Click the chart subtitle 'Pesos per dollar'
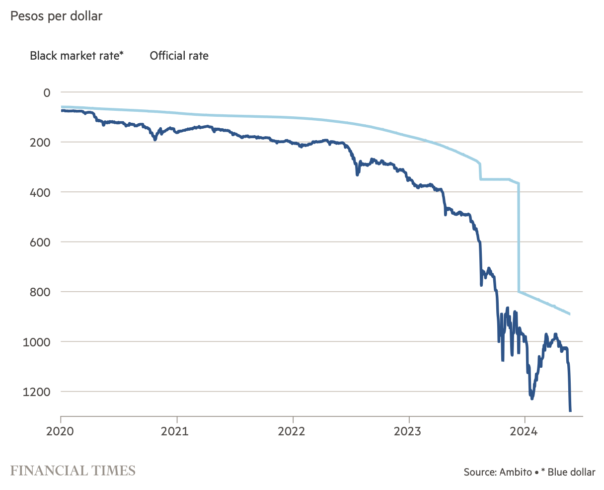point(56,16)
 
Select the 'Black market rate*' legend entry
point(76,56)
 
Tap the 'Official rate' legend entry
point(179,56)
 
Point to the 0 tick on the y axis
point(47,92)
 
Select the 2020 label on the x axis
point(61,431)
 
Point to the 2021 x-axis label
point(176,431)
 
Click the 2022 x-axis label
point(293,431)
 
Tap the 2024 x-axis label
point(525,431)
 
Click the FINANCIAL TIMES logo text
point(73,471)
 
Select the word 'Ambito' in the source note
point(515,472)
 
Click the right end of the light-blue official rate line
point(570,314)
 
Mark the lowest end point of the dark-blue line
point(570,411)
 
